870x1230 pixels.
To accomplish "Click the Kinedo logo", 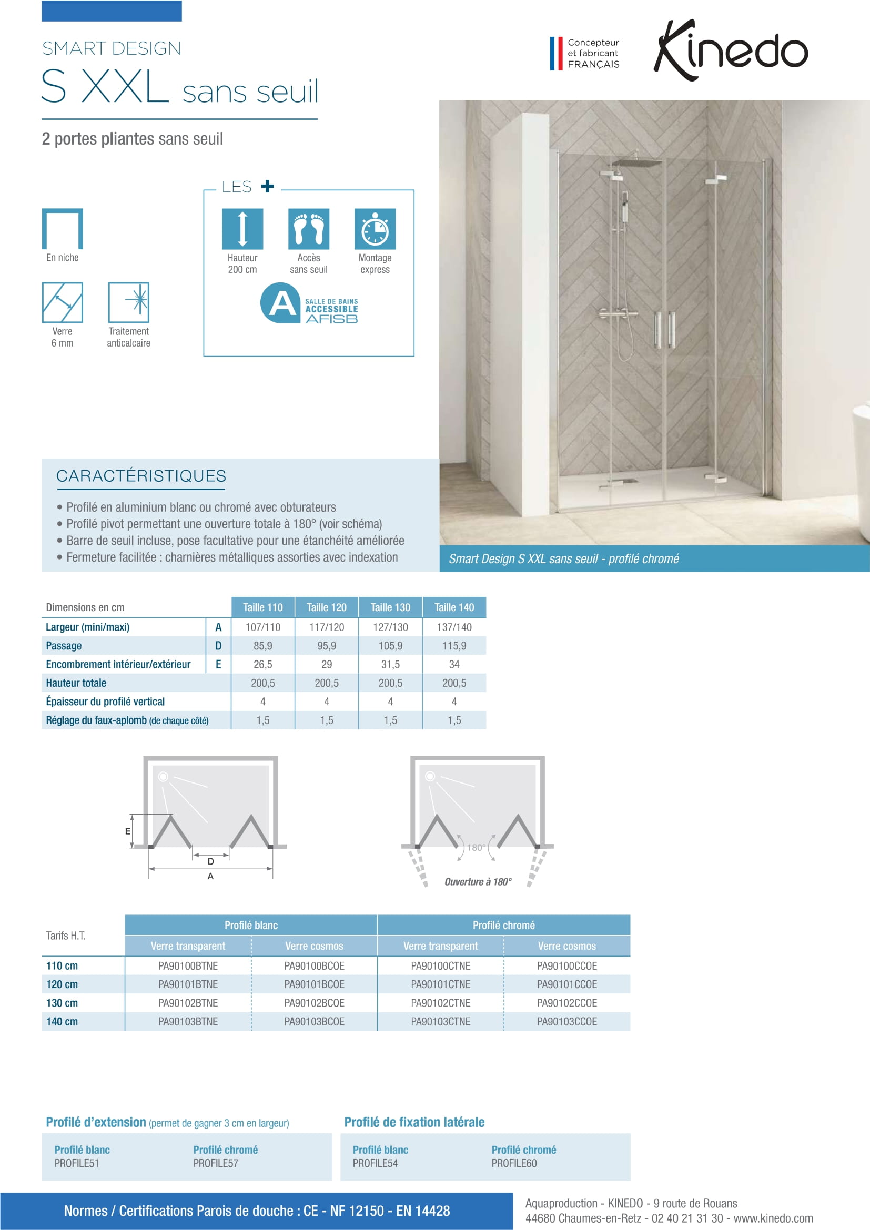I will pyautogui.click(x=730, y=51).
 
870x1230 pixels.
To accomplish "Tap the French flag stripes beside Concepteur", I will pyautogui.click(x=556, y=53).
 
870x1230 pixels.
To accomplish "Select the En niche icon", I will pyautogui.click(x=63, y=229).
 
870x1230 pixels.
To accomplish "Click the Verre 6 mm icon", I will pyautogui.click(x=63, y=302).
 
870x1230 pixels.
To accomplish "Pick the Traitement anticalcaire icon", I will pyautogui.click(x=128, y=302).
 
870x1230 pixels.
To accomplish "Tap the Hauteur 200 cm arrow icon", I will pyautogui.click(x=242, y=229).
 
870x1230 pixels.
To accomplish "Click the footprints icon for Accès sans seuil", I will pyautogui.click(x=309, y=229).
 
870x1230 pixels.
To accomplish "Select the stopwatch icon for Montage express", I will pyautogui.click(x=375, y=229).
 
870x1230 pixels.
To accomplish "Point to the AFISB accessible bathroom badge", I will pyautogui.click(x=309, y=303).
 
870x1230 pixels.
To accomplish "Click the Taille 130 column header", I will pyautogui.click(x=390, y=607).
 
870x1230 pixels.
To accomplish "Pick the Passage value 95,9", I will pyautogui.click(x=327, y=646).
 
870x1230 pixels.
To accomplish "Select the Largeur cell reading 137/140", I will pyautogui.click(x=454, y=627).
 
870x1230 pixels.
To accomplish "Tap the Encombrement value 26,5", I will pyautogui.click(x=263, y=664).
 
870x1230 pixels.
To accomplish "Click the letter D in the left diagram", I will pyautogui.click(x=210, y=861).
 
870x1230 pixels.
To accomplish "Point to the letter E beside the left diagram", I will pyautogui.click(x=127, y=831).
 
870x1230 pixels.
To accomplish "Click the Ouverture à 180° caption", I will pyautogui.click(x=478, y=882).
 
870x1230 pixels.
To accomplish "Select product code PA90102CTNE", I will pyautogui.click(x=440, y=1003).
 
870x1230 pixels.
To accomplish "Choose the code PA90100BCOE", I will pyautogui.click(x=315, y=966).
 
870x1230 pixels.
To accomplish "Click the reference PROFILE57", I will pyautogui.click(x=216, y=1163).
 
